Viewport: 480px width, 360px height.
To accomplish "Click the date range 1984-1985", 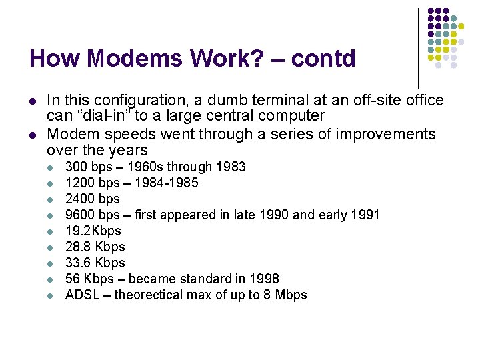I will tap(165, 183).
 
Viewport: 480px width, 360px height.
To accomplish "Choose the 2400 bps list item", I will tap(92, 199).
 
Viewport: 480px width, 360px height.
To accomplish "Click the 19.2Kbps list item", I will tap(93, 231).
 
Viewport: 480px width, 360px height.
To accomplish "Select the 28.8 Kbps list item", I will tap(95, 247).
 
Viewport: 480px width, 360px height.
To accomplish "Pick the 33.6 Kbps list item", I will tap(95, 263).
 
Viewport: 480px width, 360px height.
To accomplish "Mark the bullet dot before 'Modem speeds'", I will tap(32, 135).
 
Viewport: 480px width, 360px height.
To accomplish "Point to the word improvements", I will tap(387, 134).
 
